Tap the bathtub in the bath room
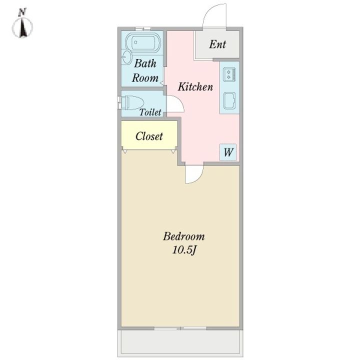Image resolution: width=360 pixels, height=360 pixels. pyautogui.click(x=142, y=42)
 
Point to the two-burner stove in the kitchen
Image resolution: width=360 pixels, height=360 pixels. pyautogui.click(x=229, y=74)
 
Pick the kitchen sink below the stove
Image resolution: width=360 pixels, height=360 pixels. pyautogui.click(x=229, y=101)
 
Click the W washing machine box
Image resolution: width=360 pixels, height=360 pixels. pyautogui.click(x=228, y=152)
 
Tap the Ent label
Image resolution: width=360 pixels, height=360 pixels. pyautogui.click(x=217, y=44)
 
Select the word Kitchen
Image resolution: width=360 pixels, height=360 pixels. pyautogui.click(x=195, y=87)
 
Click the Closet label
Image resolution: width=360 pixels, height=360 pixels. pyautogui.click(x=149, y=136)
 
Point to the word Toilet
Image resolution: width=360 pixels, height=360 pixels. pyautogui.click(x=150, y=112)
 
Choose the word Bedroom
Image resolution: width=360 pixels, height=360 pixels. pyautogui.click(x=183, y=236)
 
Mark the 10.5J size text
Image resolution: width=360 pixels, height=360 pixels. pyautogui.click(x=183, y=250)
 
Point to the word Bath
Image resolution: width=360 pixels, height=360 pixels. pyautogui.click(x=145, y=63)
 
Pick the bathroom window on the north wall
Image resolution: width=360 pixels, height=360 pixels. pyautogui.click(x=142, y=28)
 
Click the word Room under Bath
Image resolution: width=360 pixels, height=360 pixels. pyautogui.click(x=145, y=78)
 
